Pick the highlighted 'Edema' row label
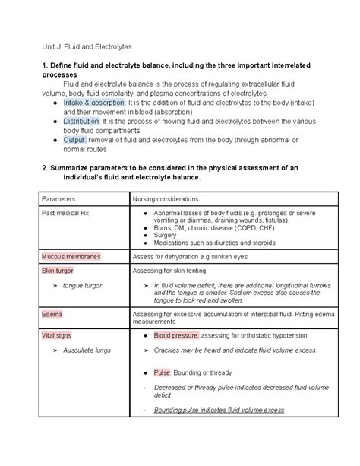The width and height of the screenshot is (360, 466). pos(52,314)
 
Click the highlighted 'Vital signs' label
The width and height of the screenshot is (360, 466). pos(59,334)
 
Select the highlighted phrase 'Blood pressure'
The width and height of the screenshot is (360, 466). pos(176,334)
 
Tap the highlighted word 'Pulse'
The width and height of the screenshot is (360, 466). pos(162,373)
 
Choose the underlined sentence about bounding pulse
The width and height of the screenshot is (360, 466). pos(219,410)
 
